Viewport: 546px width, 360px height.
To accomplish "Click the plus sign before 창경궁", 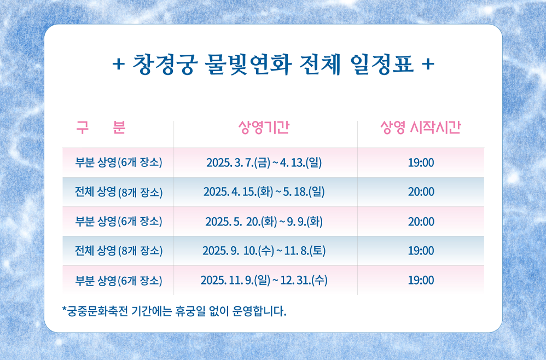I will (117, 65).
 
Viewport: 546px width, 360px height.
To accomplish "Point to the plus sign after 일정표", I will (428, 65).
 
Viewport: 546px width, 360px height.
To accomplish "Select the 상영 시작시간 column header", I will (420, 127).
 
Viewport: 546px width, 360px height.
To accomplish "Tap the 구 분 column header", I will (101, 127).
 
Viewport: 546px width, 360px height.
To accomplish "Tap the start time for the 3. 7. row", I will (421, 162).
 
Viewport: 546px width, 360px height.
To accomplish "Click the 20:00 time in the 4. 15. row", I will (421, 192).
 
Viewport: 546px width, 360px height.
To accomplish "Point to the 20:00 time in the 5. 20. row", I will (421, 222).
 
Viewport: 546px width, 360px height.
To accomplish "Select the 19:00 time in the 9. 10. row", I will (421, 251).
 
